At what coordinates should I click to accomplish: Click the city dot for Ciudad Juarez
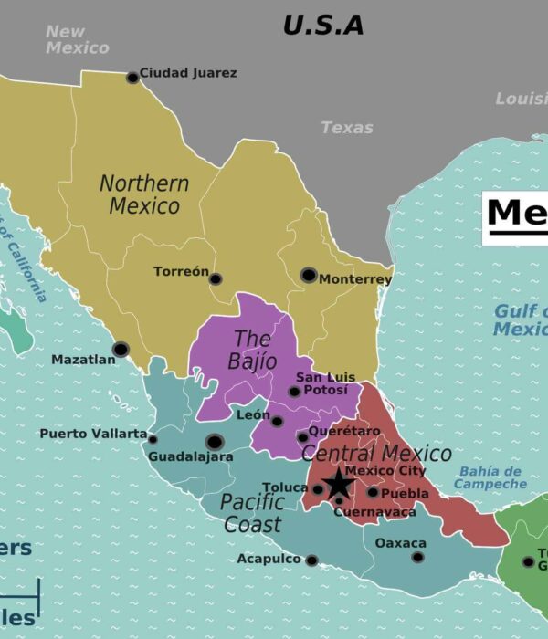pyautogui.click(x=132, y=78)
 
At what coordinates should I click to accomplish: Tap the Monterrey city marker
pyautogui.click(x=309, y=275)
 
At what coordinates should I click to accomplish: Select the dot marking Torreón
pyautogui.click(x=216, y=278)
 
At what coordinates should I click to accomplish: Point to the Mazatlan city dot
pyautogui.click(x=121, y=349)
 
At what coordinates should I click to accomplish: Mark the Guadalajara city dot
pyautogui.click(x=215, y=441)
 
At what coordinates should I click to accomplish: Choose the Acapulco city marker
pyautogui.click(x=311, y=560)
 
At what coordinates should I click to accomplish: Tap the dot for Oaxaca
pyautogui.click(x=417, y=557)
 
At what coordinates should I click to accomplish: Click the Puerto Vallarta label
pyautogui.click(x=93, y=434)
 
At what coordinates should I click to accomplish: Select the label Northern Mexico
pyautogui.click(x=144, y=194)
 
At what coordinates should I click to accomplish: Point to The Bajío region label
pyautogui.click(x=253, y=351)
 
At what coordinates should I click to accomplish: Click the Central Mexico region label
pyautogui.click(x=376, y=454)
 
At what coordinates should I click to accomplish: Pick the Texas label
pyautogui.click(x=347, y=128)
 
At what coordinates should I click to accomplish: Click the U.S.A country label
pyautogui.click(x=322, y=26)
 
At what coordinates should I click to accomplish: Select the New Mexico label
pyautogui.click(x=77, y=39)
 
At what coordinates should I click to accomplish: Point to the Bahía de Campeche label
pyautogui.click(x=490, y=477)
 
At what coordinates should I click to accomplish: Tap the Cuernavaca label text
pyautogui.click(x=374, y=512)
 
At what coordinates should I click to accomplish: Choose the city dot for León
pyautogui.click(x=277, y=421)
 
